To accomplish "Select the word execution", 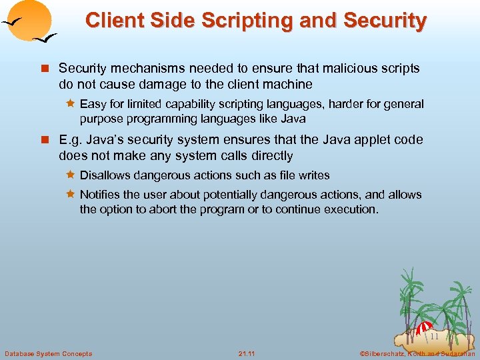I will pyautogui.click(x=351, y=209).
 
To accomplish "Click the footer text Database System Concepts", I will pyautogui.click(x=49, y=353).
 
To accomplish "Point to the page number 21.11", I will pyautogui.click(x=246, y=353).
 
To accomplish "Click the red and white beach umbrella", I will pyautogui.click(x=424, y=328).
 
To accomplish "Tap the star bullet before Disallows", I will pyautogui.click(x=69, y=175).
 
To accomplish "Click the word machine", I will pyautogui.click(x=289, y=84).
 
